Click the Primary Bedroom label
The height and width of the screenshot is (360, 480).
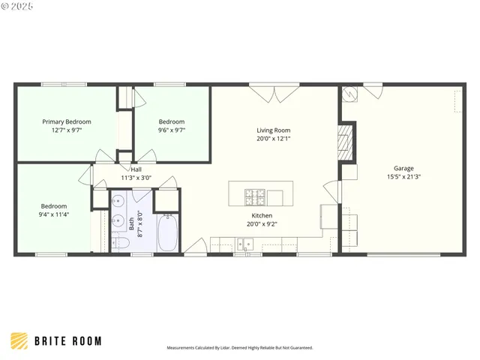(67, 121)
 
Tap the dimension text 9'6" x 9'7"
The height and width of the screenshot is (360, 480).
(171, 130)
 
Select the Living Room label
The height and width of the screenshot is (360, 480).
(273, 130)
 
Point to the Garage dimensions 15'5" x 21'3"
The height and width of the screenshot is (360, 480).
(403, 177)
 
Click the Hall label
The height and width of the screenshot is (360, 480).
(136, 169)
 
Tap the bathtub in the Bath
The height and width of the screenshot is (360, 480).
(167, 233)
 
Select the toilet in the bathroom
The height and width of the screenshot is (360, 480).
(121, 242)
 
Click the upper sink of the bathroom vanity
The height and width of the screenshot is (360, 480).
(118, 201)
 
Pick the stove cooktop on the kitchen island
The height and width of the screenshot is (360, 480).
(254, 197)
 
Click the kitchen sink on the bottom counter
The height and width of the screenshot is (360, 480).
(244, 243)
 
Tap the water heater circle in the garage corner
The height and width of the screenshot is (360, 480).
(349, 94)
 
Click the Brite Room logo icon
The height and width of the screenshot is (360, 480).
(19, 341)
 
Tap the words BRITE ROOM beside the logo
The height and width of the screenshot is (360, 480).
(67, 341)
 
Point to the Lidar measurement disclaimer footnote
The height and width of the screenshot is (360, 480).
(239, 348)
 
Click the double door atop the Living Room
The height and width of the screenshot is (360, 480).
(273, 92)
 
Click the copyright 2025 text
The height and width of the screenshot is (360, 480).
(18, 6)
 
